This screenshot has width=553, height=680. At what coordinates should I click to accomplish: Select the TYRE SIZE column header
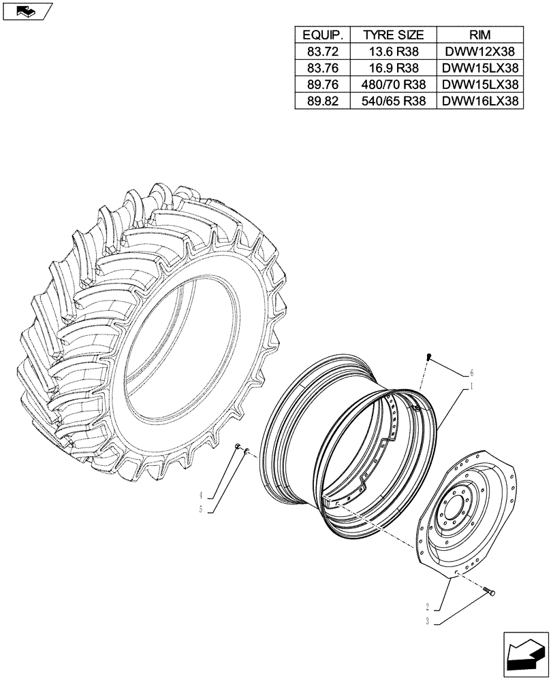pyautogui.click(x=393, y=35)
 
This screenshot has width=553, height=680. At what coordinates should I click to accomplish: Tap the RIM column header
pyautogui.click(x=480, y=35)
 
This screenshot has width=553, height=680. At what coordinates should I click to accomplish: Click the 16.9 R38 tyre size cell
pyautogui.click(x=393, y=68)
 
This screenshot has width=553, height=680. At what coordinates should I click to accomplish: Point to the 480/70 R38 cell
pyautogui.click(x=393, y=84)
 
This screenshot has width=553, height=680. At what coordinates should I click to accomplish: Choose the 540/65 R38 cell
pyautogui.click(x=393, y=101)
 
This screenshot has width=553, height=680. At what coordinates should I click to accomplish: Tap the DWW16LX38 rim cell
pyautogui.click(x=480, y=101)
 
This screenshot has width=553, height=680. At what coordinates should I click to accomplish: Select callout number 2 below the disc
pyautogui.click(x=427, y=607)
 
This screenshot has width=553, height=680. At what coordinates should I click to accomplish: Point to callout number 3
pyautogui.click(x=427, y=621)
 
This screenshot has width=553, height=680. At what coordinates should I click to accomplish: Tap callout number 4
pyautogui.click(x=202, y=494)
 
